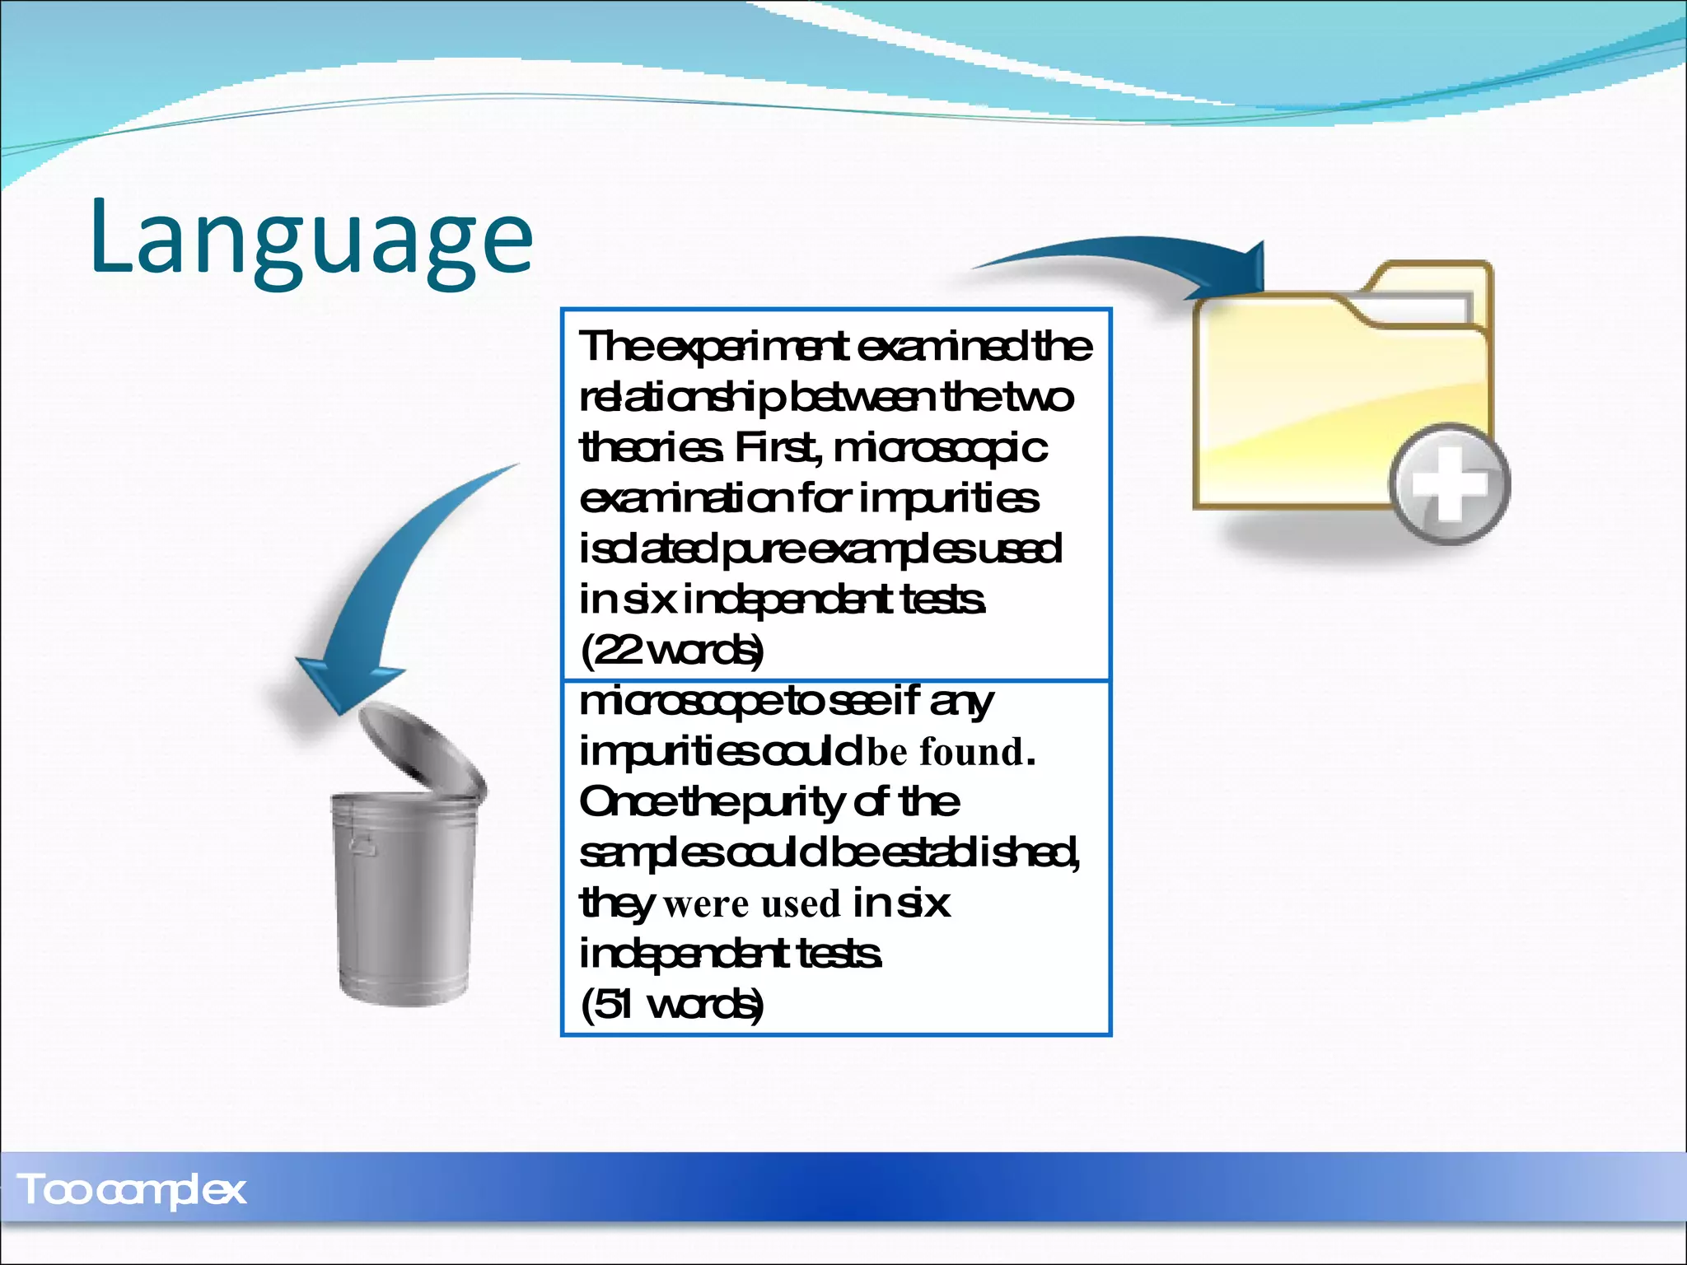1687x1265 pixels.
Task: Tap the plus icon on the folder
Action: click(1450, 484)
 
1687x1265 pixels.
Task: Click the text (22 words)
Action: click(672, 651)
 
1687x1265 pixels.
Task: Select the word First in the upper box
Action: click(778, 448)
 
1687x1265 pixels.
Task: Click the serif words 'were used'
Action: click(751, 904)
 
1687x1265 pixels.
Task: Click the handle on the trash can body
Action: click(362, 845)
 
